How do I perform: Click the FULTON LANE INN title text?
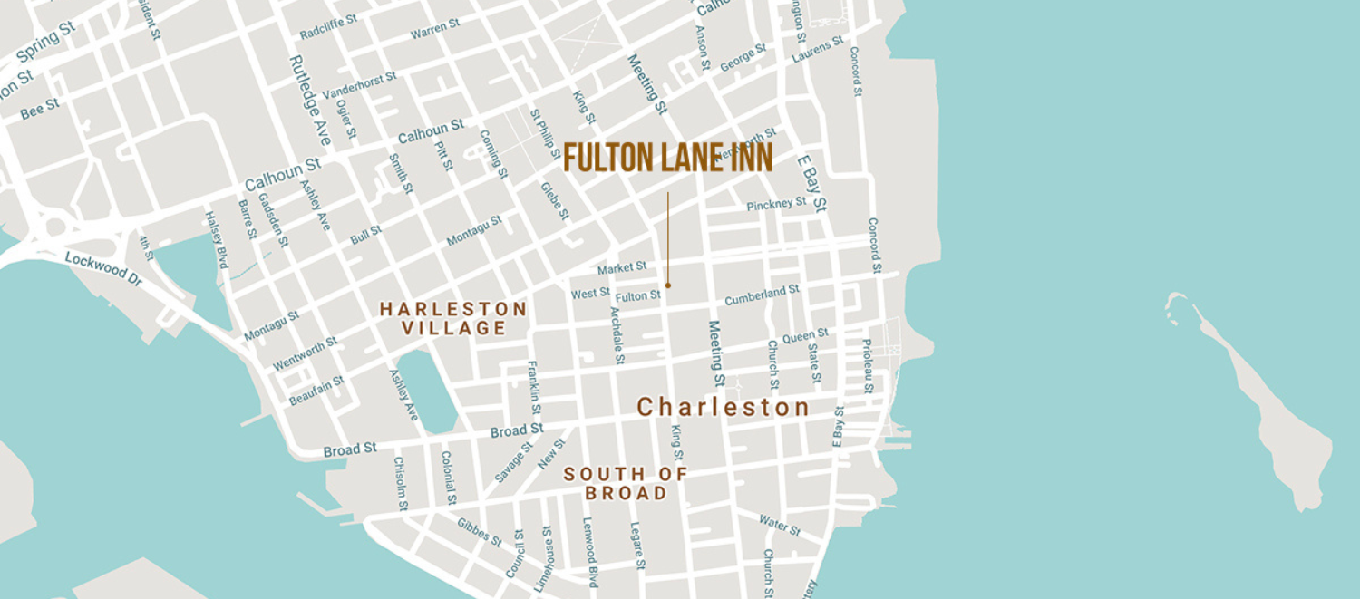coord(667,159)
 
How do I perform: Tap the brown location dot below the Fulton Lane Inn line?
coord(668,285)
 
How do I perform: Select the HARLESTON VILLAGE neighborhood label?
coord(453,319)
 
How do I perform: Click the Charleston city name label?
coord(723,408)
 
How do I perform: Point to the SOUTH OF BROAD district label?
coord(626,484)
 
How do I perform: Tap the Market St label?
coord(622,268)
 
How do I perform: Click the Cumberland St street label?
coord(762,295)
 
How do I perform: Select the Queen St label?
coord(805,336)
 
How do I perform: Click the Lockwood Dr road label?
coord(103,269)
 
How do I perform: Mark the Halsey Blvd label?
coord(215,240)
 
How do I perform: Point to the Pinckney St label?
coord(776,205)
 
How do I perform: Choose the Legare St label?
coord(636,545)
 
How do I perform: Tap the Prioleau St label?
coord(867,365)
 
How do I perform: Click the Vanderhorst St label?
coord(359,85)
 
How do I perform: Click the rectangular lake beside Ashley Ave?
coord(427,391)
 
